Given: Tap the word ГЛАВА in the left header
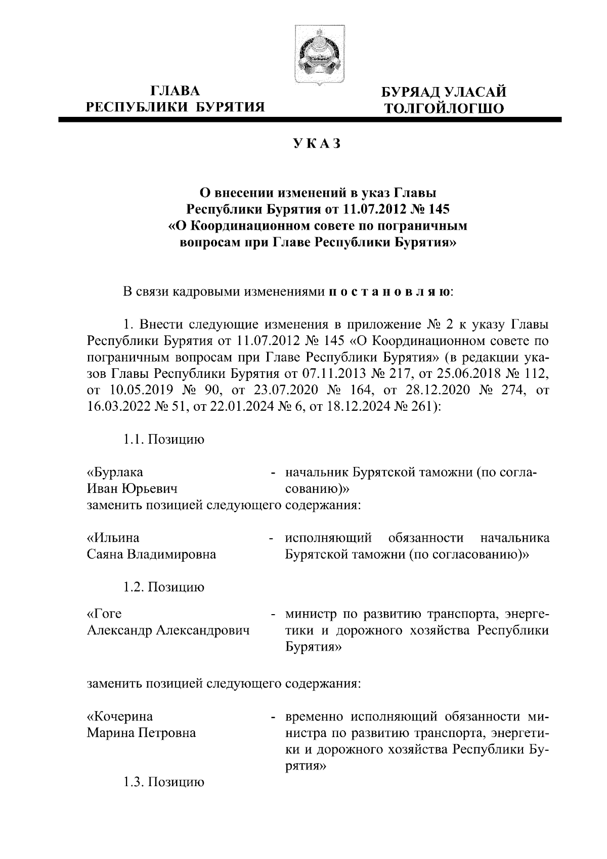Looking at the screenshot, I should [x=176, y=91].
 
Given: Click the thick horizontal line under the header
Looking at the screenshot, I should [x=310, y=120].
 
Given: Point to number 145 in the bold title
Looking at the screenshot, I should [x=438, y=208].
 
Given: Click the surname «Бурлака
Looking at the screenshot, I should [x=115, y=472].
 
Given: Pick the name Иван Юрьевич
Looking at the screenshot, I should [x=133, y=488].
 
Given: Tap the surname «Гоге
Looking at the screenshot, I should [x=105, y=614].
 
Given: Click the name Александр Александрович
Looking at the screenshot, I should [x=169, y=630].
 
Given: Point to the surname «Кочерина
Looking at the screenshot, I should [x=120, y=716].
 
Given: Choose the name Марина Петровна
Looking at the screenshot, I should [x=142, y=733].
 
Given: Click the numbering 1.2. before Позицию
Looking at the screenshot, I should [x=134, y=587].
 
